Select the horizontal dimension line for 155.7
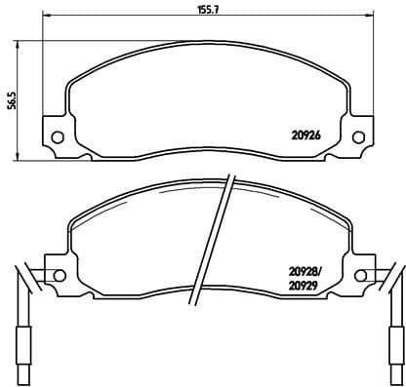117,19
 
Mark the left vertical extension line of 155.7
47,58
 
